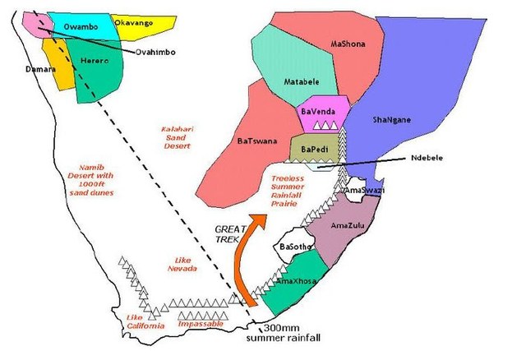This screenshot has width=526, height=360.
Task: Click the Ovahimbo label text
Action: coord(178,52)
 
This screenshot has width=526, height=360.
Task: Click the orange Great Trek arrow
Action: coord(247,259)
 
